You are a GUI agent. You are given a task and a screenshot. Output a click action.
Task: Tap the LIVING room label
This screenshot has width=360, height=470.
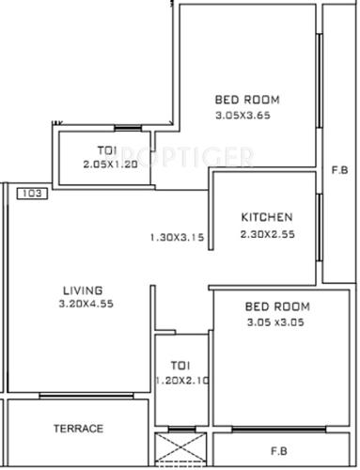point(84,290)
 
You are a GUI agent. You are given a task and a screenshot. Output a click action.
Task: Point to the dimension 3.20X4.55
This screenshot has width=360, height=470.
point(84,304)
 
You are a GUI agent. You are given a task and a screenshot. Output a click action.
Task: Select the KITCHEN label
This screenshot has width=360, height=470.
point(266,216)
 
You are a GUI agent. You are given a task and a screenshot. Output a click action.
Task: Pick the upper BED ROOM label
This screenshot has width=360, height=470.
point(248,101)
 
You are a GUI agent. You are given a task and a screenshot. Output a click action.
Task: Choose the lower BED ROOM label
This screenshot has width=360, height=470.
point(277,306)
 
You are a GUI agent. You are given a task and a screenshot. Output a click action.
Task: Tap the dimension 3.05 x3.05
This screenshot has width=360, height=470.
point(277,321)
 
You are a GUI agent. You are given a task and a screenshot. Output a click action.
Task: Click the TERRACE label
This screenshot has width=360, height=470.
point(77,429)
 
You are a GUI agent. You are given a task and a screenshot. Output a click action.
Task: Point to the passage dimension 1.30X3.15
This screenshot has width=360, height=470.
point(176,237)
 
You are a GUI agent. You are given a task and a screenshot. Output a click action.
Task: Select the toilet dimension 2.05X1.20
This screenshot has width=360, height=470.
point(109,164)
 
